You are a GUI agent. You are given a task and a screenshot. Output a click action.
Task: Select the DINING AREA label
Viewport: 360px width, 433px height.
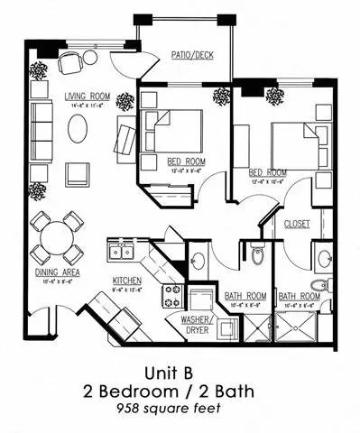coord(53,272)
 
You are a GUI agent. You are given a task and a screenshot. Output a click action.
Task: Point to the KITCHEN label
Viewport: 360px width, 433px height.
coord(127,281)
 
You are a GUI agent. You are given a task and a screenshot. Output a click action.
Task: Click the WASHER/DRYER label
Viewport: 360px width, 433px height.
coord(196,325)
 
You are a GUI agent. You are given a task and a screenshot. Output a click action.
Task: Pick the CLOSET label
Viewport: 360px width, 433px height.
coord(298,223)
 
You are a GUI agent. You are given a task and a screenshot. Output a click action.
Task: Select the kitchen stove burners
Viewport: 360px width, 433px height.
coord(171,295)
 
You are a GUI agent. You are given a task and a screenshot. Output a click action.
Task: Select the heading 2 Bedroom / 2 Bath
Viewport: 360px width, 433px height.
coord(180,391)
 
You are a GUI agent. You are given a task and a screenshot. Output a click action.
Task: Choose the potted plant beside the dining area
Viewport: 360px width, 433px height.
coord(38,191)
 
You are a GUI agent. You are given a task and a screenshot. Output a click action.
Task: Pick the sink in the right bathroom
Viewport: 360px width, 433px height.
coord(322,257)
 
